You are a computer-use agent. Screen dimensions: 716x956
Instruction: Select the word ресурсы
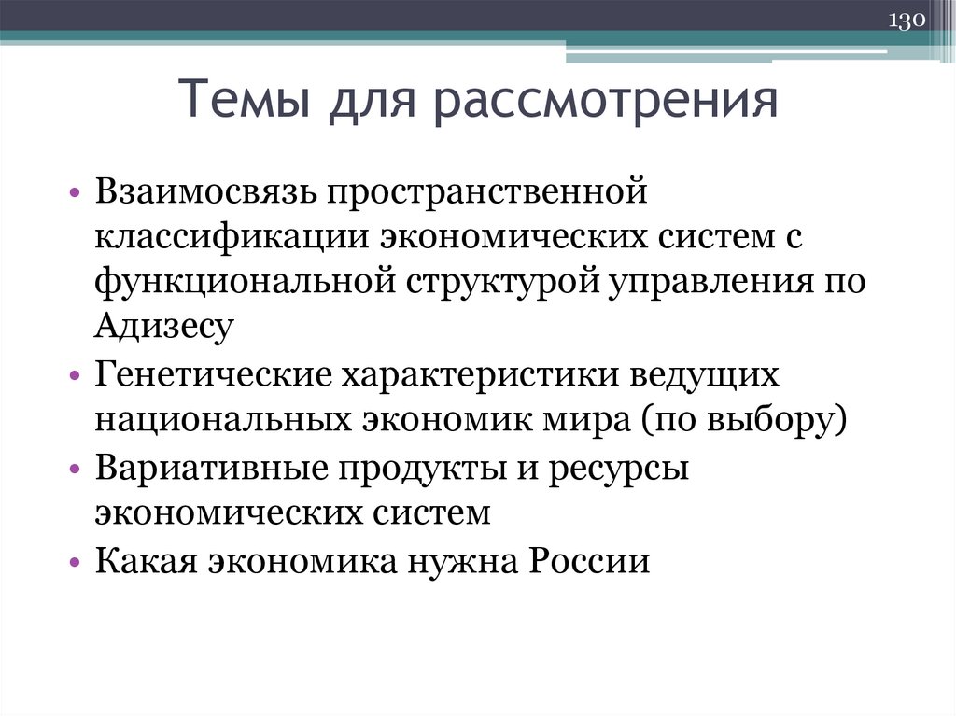(619, 468)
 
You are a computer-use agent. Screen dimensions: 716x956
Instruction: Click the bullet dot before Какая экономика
(75, 564)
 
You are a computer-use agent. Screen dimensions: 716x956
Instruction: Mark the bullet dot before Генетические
(75, 377)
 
